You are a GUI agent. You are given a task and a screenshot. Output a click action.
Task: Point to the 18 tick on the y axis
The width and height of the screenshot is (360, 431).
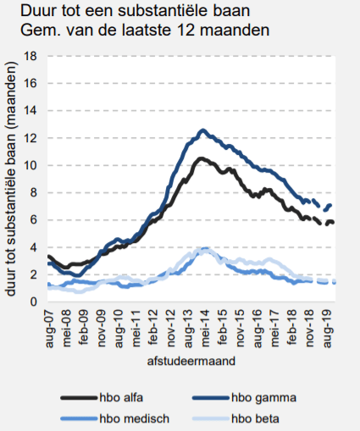30,56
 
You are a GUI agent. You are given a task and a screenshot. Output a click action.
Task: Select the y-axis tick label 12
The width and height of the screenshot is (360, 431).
30,138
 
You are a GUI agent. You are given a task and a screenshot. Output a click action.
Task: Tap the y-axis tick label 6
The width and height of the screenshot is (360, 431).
33,220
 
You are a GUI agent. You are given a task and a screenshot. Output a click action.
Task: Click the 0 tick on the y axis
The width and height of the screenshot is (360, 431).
33,301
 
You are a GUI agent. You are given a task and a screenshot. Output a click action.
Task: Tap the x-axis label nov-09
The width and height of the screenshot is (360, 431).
102,326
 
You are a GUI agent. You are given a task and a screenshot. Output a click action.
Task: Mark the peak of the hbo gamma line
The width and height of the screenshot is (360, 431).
202,130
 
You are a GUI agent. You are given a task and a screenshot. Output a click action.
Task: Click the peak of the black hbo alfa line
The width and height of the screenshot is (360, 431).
201,158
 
